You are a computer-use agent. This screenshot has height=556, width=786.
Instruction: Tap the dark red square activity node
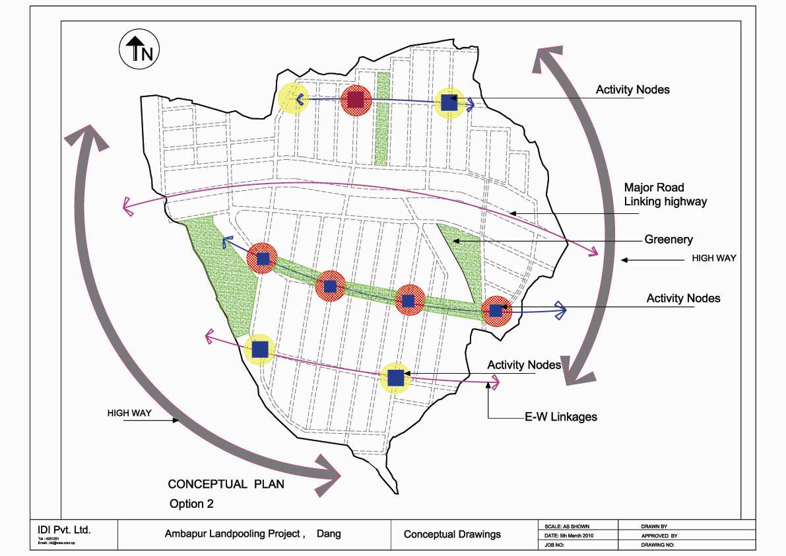click(x=356, y=100)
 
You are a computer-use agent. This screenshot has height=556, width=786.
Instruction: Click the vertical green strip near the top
click(x=381, y=119)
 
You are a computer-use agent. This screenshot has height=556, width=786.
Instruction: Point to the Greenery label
click(x=669, y=240)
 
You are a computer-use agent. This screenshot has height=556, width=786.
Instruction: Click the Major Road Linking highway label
click(x=665, y=195)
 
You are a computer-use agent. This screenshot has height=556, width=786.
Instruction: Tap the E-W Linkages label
click(x=561, y=417)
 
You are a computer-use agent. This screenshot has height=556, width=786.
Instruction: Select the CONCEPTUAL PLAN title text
click(x=226, y=484)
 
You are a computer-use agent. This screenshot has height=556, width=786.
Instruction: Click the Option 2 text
click(x=191, y=504)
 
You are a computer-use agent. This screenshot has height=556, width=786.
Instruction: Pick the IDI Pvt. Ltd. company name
click(x=63, y=530)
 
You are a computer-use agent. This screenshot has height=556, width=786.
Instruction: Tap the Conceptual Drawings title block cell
click(x=452, y=534)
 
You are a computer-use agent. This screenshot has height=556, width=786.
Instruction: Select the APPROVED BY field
click(x=659, y=536)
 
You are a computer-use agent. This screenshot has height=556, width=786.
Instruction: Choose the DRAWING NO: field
click(x=657, y=545)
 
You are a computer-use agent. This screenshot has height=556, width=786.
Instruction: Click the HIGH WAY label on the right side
click(x=713, y=258)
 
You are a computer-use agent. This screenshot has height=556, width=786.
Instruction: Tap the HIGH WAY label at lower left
click(x=129, y=413)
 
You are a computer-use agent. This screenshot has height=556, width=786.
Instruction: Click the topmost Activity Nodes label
click(x=632, y=90)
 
